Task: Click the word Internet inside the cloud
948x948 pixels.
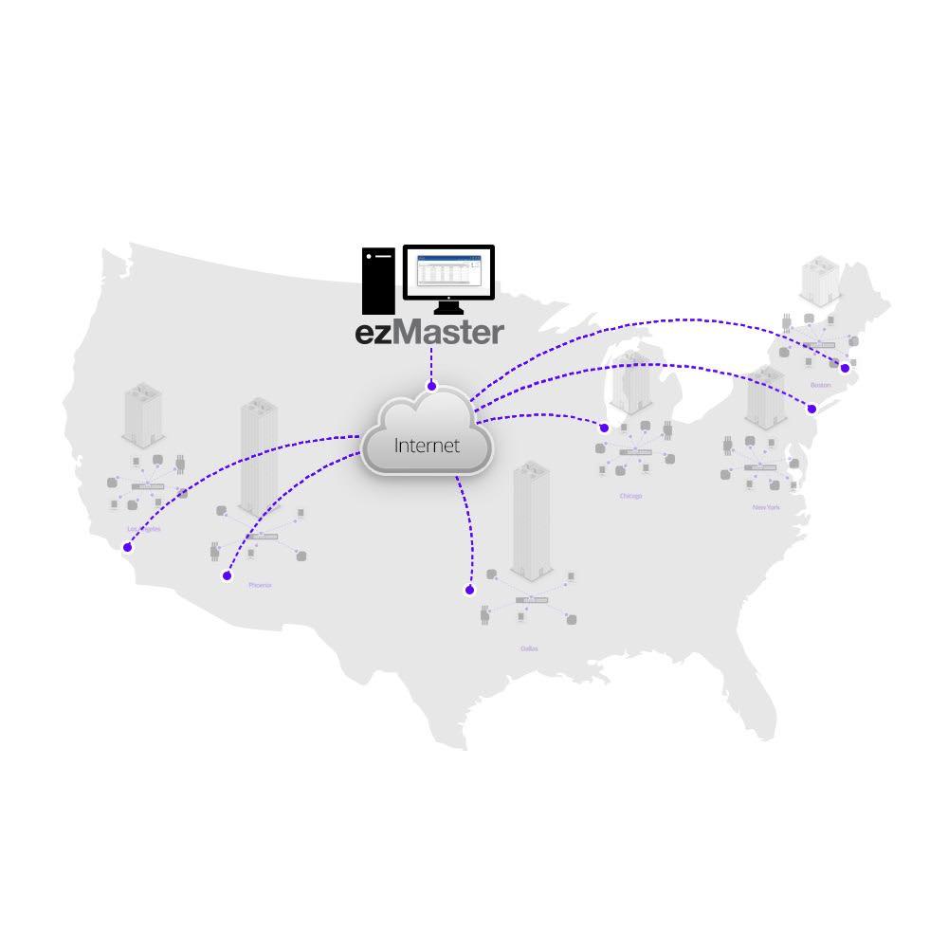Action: tap(427, 445)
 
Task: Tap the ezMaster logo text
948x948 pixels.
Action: tap(429, 334)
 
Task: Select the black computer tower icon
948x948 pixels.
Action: tap(378, 281)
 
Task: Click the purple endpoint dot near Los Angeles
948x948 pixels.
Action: tap(127, 547)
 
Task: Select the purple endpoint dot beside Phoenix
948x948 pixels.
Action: tap(227, 575)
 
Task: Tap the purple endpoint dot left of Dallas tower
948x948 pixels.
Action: tap(469, 590)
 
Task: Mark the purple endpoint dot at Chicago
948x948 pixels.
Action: tap(604, 428)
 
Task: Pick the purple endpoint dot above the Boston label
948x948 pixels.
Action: tap(845, 368)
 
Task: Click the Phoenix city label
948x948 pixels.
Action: tap(260, 585)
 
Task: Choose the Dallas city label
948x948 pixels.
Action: tap(529, 648)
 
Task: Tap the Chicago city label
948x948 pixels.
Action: tap(630, 496)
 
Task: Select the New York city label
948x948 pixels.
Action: tap(766, 508)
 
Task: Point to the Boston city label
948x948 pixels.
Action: tap(820, 385)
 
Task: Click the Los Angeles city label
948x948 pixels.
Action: tap(143, 529)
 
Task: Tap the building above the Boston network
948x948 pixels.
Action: tap(819, 280)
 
